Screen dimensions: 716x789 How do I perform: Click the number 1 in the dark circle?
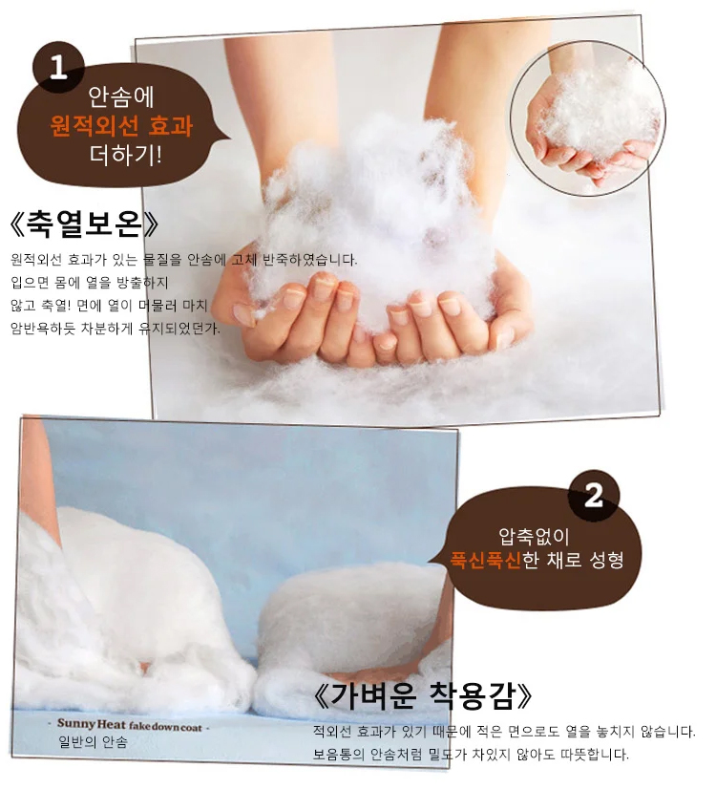coord(58,67)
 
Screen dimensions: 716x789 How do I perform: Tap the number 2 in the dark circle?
coord(593,495)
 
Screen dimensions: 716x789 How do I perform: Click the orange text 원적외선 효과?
coord(121,126)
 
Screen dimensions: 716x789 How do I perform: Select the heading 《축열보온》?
coord(84,224)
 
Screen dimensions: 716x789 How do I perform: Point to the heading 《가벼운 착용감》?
coord(422,696)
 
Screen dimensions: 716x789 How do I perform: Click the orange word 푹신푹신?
coord(486,559)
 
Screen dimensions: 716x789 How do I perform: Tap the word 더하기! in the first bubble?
coord(126,155)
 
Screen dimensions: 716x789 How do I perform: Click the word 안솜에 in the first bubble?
coord(121,97)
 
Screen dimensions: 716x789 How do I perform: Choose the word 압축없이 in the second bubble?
coord(534,537)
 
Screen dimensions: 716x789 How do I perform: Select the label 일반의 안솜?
coord(93,742)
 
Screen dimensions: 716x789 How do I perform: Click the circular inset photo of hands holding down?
coord(587,118)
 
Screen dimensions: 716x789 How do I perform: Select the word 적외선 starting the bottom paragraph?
coord(332,731)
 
